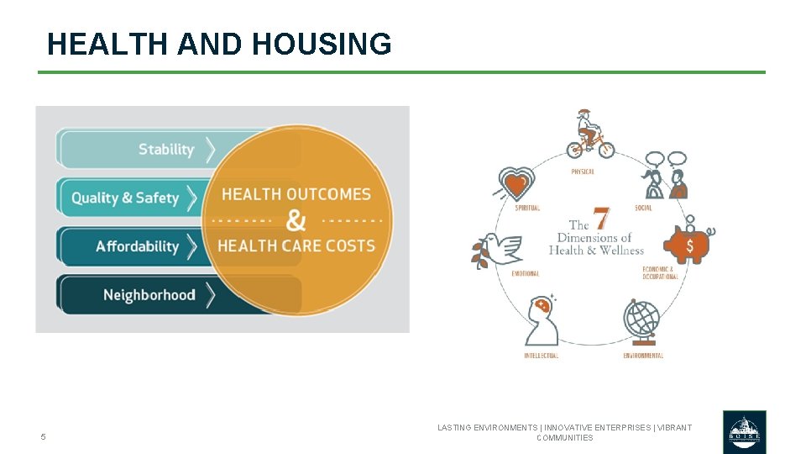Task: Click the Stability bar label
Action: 166,150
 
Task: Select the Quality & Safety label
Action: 125,198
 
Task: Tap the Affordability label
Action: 138,246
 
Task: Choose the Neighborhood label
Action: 149,295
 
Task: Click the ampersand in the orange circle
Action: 296,220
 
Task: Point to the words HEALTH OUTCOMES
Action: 296,194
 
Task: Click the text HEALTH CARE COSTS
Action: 296,246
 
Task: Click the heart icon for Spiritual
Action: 516,182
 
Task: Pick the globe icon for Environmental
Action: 643,320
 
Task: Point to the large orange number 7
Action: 601,219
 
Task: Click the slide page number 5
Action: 44,437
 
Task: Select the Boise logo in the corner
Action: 744,431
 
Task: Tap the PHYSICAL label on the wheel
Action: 583,172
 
